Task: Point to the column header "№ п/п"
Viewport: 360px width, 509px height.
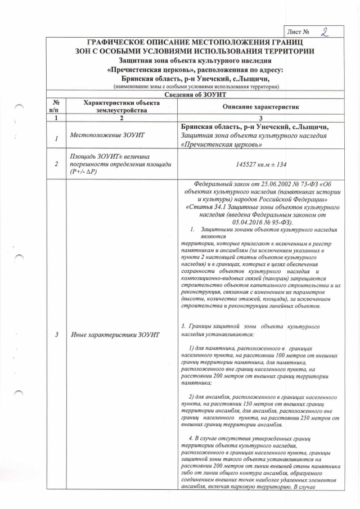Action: point(56,107)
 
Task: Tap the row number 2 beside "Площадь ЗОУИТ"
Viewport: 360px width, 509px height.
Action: point(56,164)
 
